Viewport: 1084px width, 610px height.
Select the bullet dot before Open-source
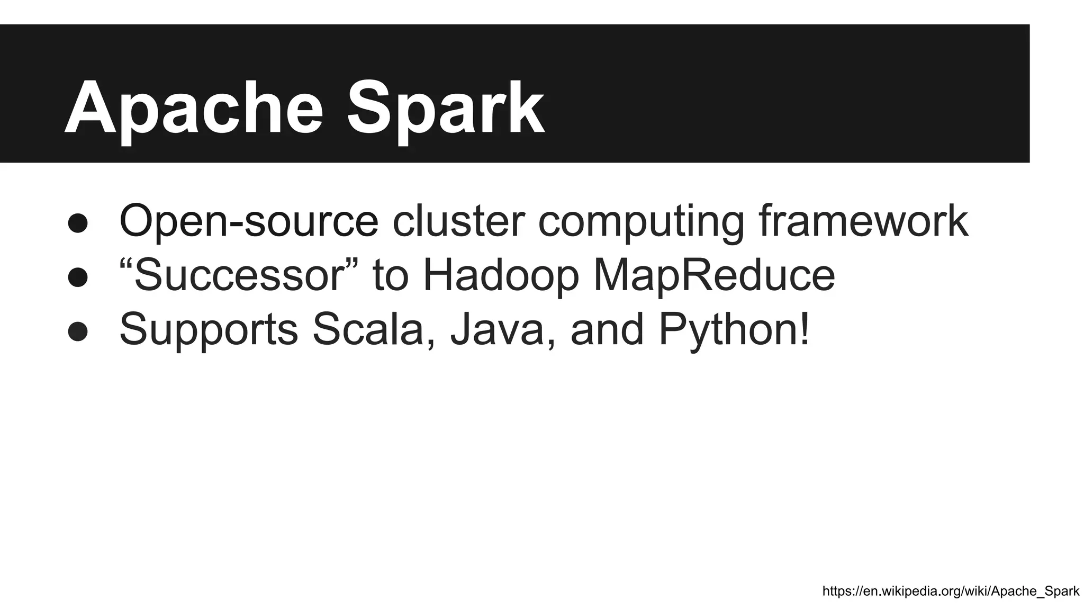pos(78,223)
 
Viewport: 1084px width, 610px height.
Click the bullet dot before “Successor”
pos(78,277)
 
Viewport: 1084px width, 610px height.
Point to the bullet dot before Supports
pos(78,331)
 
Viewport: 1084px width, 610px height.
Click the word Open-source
pos(249,221)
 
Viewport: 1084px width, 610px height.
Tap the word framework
pos(863,221)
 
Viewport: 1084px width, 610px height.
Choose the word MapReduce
pos(714,275)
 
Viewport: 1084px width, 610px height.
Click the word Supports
pos(209,329)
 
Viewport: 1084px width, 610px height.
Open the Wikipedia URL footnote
pos(951,591)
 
